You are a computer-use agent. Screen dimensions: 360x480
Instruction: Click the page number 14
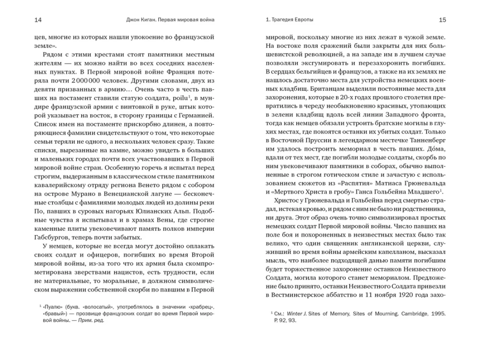click(38, 20)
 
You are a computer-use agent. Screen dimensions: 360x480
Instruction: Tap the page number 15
click(442, 20)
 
